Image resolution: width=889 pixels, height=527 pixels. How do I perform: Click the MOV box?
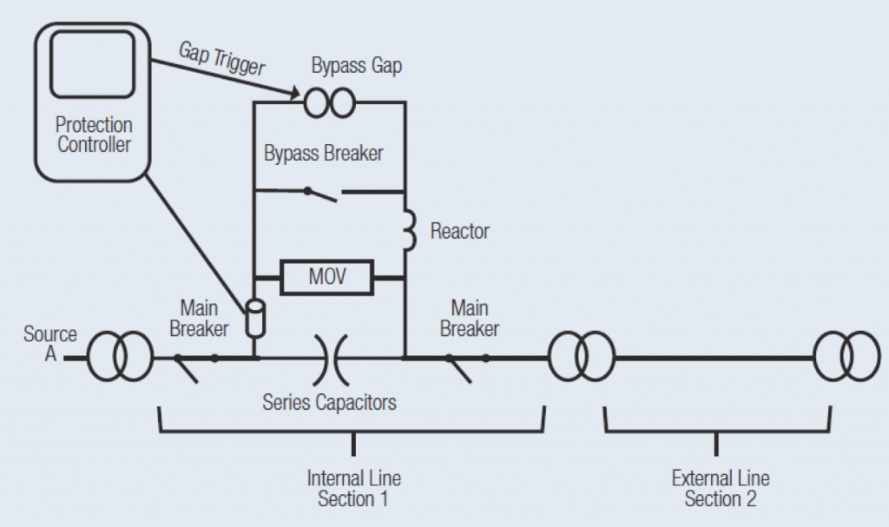[327, 278]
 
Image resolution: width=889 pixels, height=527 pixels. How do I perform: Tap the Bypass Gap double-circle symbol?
[329, 103]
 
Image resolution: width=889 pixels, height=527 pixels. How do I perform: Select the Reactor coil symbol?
[407, 231]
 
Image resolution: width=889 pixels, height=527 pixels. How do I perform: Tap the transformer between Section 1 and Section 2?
[580, 357]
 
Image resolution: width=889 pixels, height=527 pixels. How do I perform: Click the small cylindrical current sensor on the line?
[255, 318]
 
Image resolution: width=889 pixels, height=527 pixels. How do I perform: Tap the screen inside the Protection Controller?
[92, 65]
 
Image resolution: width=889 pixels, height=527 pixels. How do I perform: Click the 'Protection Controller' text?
[94, 135]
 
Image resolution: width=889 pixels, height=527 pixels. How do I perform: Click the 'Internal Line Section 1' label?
[353, 489]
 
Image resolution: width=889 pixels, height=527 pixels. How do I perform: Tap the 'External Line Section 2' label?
[720, 489]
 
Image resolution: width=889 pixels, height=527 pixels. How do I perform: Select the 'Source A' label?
[49, 343]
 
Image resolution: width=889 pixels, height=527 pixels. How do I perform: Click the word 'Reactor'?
[459, 231]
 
